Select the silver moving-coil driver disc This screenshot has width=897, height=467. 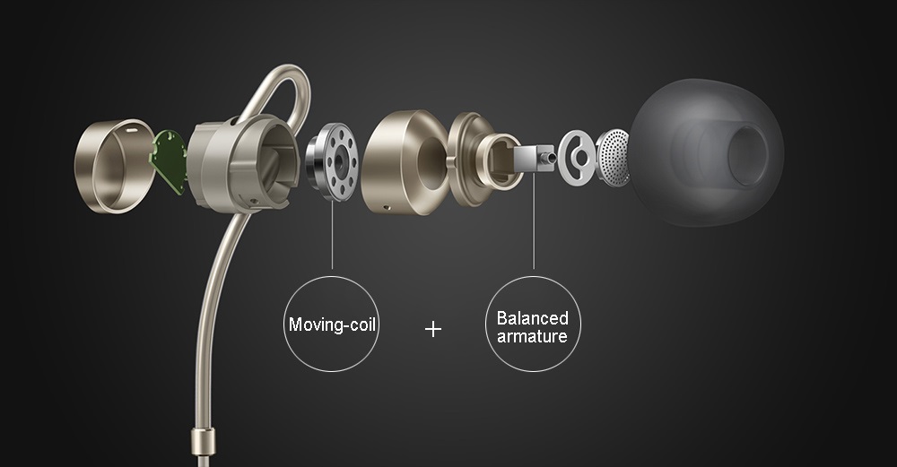coord(332,161)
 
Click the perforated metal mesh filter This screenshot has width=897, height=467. coord(614,157)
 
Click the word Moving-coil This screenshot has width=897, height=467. coord(332,324)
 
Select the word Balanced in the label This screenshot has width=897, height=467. coord(533,318)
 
